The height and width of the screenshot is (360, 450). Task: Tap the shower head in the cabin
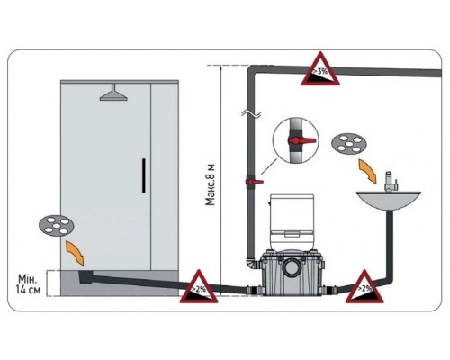[113, 93]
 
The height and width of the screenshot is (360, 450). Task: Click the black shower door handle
[144, 175]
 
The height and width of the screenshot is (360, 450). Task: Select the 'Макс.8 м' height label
[211, 184]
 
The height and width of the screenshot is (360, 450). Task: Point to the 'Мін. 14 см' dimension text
[28, 284]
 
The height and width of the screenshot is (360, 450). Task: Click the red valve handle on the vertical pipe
[255, 182]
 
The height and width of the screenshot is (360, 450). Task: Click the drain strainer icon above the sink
[349, 143]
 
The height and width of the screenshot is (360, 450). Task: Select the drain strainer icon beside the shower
[56, 226]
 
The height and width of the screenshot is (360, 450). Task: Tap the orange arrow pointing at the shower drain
[75, 254]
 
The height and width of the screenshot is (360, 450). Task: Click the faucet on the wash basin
[391, 182]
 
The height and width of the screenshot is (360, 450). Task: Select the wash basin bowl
[389, 201]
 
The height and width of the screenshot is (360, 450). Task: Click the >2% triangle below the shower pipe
[199, 288]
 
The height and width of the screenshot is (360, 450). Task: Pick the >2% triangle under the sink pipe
[364, 288]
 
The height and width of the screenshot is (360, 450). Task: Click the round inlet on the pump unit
[291, 266]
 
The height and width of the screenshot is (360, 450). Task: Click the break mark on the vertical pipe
[251, 114]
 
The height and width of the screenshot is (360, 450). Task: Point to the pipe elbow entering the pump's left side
[253, 264]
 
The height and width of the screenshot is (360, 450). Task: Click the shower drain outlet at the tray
[86, 276]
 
